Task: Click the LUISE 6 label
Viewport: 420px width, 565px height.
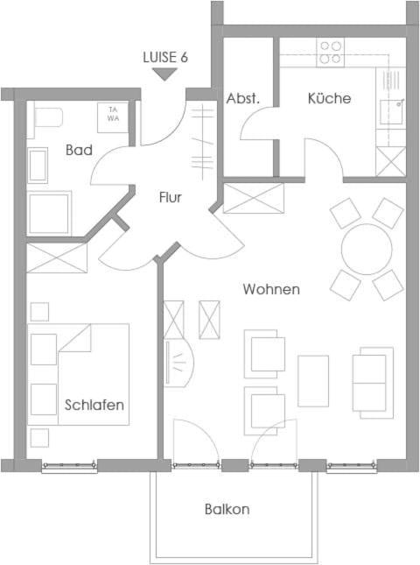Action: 165,57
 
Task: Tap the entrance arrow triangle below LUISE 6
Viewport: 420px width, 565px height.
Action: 164,74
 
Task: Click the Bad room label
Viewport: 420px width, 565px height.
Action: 79,150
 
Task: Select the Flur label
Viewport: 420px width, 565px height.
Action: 171,197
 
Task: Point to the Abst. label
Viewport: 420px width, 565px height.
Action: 243,98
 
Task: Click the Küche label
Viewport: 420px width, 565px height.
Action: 329,98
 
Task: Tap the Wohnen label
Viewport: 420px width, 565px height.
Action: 271,289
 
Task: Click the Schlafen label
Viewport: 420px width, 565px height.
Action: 94,405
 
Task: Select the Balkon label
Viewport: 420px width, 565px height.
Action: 227,509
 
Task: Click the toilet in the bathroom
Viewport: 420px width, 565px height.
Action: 45,117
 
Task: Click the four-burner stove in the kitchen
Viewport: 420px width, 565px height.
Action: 331,53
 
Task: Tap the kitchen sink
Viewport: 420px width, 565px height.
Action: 391,111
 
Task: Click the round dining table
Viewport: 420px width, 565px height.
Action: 367,249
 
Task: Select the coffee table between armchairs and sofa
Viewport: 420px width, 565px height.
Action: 313,381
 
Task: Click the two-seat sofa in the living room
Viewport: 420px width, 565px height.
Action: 373,383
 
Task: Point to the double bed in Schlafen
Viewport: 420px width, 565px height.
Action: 79,374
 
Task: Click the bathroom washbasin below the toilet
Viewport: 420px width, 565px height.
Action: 38,166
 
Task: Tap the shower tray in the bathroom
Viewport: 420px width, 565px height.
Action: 49,213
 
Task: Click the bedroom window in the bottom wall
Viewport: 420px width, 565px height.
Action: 69,465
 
